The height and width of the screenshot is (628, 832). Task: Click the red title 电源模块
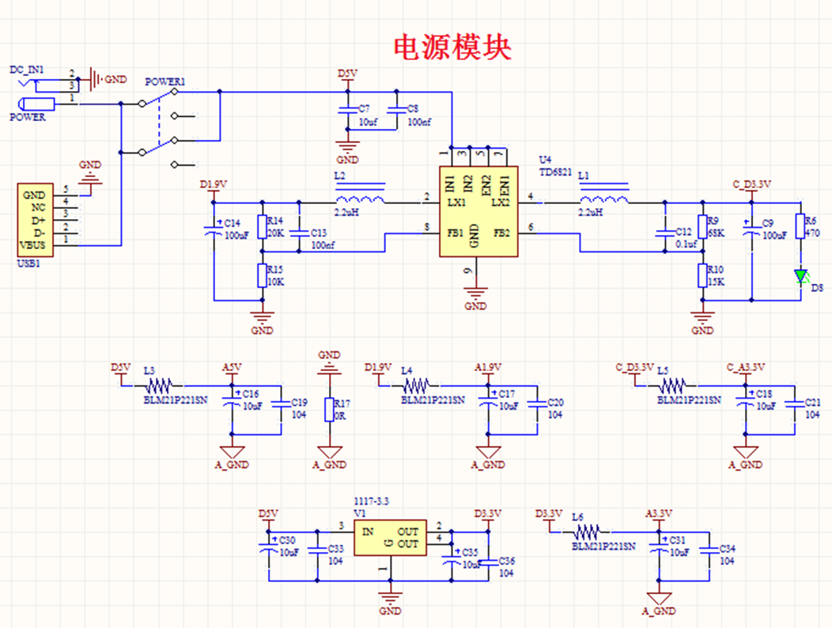click(x=452, y=47)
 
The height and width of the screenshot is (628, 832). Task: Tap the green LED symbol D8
click(x=800, y=276)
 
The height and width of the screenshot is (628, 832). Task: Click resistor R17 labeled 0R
click(x=329, y=409)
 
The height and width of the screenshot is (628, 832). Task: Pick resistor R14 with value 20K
click(x=262, y=227)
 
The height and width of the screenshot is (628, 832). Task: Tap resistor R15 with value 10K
click(x=262, y=275)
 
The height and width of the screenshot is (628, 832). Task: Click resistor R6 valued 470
click(x=800, y=226)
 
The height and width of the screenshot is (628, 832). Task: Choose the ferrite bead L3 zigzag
click(x=159, y=387)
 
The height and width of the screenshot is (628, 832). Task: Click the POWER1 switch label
click(x=165, y=81)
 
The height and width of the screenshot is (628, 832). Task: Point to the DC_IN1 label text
click(x=26, y=70)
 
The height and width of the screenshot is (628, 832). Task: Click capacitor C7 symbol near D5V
click(x=346, y=111)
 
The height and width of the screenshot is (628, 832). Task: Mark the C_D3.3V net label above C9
click(x=751, y=183)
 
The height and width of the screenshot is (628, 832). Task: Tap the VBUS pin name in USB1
click(x=34, y=244)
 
